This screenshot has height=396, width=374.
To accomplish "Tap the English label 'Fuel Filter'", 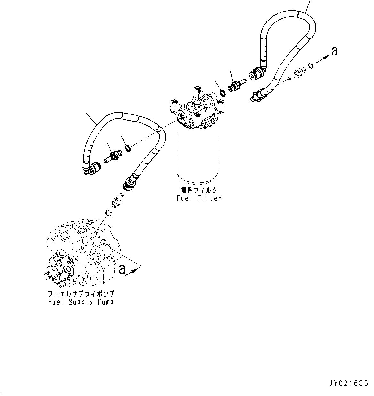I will [199, 198].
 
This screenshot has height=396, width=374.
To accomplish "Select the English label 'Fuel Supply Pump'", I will [81, 302].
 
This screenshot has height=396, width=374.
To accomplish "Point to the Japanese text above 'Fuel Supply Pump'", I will [81, 294].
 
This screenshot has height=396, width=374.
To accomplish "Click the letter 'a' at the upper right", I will [335, 51].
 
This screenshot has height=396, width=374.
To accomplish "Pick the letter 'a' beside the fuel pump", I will [122, 269].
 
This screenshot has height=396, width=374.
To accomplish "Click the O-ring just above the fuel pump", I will [109, 213].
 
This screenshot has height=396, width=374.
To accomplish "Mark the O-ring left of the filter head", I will [127, 148].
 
